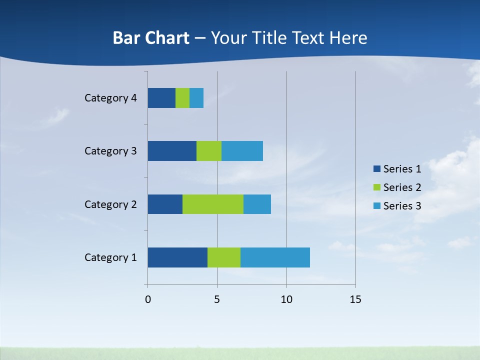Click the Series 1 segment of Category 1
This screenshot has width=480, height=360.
click(x=177, y=257)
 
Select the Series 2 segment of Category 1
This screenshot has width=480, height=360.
click(x=224, y=257)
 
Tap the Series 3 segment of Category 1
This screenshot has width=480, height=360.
click(x=275, y=257)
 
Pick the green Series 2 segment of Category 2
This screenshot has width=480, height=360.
click(x=213, y=204)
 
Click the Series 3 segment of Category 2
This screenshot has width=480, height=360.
click(x=257, y=204)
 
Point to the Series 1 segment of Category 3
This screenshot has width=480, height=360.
click(x=172, y=151)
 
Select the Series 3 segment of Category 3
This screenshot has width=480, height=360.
click(x=242, y=151)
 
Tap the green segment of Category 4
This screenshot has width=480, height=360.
click(x=182, y=98)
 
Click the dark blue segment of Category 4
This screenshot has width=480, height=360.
click(x=161, y=98)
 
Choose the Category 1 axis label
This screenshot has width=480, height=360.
click(x=110, y=257)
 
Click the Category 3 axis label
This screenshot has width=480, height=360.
click(x=110, y=151)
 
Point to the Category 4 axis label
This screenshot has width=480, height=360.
click(x=110, y=98)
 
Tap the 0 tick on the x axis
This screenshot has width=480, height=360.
click(x=148, y=299)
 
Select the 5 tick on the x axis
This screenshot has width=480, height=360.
click(x=217, y=299)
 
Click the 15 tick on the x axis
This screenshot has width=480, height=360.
click(x=355, y=299)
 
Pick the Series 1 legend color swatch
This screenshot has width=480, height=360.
click(x=377, y=169)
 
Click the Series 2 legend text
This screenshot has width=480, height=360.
click(x=402, y=187)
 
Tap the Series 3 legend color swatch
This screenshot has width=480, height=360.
click(x=377, y=206)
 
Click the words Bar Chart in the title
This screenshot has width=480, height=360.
click(x=151, y=38)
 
